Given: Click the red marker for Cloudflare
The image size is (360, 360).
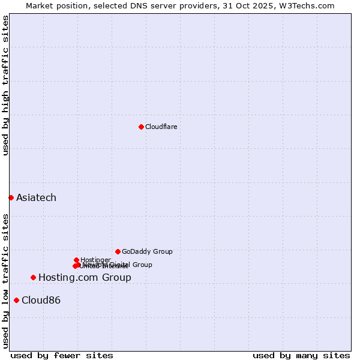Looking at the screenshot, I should [x=141, y=127].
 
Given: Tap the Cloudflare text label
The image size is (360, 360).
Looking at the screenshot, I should [x=161, y=127].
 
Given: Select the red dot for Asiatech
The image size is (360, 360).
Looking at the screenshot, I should [x=11, y=197].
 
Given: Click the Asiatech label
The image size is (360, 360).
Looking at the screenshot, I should [x=36, y=197].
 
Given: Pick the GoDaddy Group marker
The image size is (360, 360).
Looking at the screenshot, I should [x=118, y=251].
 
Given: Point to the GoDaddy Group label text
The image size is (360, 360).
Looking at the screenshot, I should [x=147, y=251].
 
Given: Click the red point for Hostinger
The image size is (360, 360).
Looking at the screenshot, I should [x=76, y=260].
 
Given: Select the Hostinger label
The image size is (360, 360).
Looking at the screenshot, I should [x=95, y=260].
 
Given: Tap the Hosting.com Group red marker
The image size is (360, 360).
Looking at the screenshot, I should [x=33, y=277].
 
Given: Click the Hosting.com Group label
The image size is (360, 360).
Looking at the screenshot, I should [x=85, y=277].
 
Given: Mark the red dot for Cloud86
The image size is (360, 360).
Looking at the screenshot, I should [x=16, y=300].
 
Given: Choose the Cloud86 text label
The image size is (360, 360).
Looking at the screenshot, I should [x=41, y=300].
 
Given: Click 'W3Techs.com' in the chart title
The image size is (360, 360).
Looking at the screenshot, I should [x=313, y=5].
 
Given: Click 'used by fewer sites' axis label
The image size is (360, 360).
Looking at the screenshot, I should [x=62, y=355].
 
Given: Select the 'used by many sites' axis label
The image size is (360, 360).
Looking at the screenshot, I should [x=301, y=355].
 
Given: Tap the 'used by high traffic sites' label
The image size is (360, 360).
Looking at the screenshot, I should [x=5, y=86].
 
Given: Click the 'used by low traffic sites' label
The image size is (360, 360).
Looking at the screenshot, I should [x=5, y=280].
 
